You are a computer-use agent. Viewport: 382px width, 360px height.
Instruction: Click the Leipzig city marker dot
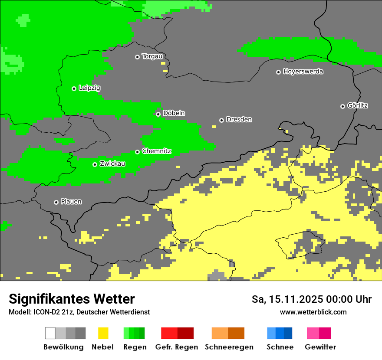(74, 88)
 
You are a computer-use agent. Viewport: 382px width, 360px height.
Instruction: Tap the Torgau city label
(152, 56)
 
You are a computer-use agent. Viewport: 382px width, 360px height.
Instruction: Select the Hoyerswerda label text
(303, 72)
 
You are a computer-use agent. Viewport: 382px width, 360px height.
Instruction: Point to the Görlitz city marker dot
(342, 106)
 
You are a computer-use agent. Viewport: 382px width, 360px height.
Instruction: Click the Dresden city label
(239, 119)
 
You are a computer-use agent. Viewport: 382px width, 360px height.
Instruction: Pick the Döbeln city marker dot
(158, 114)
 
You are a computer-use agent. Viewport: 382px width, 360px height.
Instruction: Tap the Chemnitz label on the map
(156, 151)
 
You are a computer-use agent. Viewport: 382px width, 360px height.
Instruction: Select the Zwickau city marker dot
(95, 164)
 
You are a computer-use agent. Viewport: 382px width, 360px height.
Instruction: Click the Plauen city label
(71, 202)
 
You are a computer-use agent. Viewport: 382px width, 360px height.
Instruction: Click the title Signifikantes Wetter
(72, 299)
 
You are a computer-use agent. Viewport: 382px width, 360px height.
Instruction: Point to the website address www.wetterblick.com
(313, 312)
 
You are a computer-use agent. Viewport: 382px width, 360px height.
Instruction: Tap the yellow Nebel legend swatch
(103, 333)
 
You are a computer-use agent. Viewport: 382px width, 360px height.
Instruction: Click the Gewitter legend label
(320, 347)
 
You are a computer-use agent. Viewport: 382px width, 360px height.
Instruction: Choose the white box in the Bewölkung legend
(50, 333)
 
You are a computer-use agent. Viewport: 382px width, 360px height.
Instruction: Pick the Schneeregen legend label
(229, 347)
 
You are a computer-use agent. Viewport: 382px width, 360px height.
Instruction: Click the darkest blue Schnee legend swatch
(288, 333)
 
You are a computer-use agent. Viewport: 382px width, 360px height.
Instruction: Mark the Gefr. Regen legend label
(176, 347)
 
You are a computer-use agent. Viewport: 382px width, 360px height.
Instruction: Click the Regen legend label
(134, 347)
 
